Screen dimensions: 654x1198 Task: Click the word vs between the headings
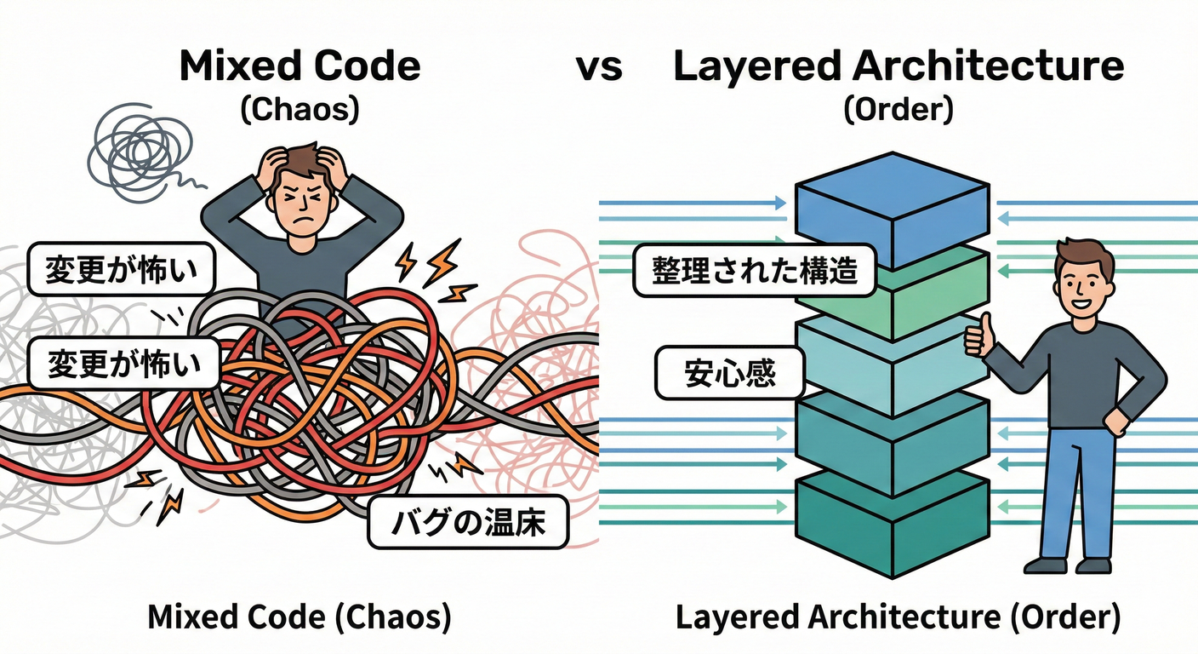(599, 66)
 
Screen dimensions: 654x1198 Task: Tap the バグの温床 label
(468, 521)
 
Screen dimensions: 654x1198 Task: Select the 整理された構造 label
(753, 272)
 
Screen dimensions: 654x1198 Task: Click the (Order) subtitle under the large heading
(898, 111)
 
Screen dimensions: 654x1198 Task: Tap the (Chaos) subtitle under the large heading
(299, 111)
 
